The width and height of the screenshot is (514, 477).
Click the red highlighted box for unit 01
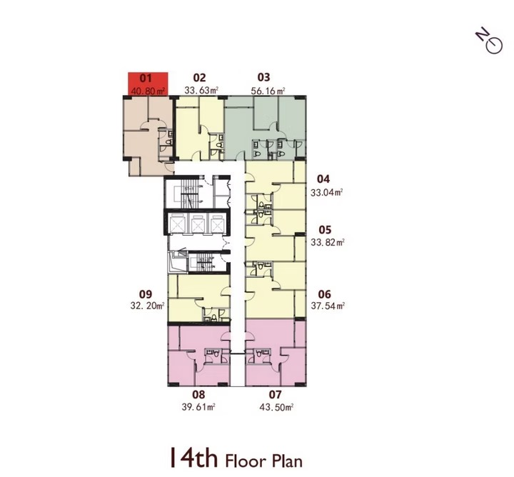point(148,84)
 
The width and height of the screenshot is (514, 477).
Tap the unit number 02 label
point(200,78)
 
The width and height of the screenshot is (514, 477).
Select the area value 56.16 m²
point(268,91)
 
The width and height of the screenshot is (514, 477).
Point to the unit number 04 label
point(323,179)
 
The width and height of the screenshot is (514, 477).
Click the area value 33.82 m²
point(328,243)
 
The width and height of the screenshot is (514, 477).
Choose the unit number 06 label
point(325,294)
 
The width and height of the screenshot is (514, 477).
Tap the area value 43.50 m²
point(276,407)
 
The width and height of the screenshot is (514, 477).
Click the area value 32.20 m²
point(147,306)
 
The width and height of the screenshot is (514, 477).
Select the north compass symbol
point(490,42)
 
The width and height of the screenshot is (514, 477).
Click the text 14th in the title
point(193,458)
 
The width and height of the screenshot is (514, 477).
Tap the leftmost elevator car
point(177,224)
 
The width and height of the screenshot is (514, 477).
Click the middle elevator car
point(198,224)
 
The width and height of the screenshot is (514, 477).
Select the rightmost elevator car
point(217,224)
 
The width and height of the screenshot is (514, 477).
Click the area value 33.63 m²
point(201,90)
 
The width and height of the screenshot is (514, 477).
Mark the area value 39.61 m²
point(198,407)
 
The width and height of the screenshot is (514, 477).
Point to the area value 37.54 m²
point(328,306)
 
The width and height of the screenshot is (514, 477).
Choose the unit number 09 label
point(146,294)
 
